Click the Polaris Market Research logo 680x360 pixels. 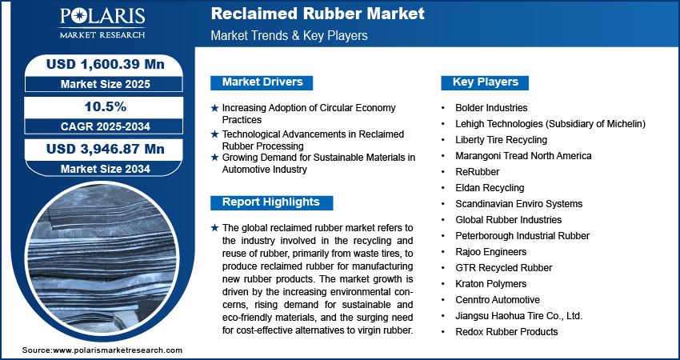tap(102, 23)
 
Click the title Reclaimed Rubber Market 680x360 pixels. tap(318, 14)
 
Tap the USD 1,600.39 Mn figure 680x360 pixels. tap(106, 64)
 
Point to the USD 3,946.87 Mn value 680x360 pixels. tap(106, 150)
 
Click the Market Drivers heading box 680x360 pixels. tap(262, 82)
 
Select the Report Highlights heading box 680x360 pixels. tap(271, 202)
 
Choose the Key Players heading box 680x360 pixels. tap(485, 82)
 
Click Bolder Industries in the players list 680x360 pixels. tap(491, 107)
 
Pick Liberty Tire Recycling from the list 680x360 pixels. tap(502, 140)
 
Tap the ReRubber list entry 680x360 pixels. tap(477, 172)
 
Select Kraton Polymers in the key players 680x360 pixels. tap(491, 284)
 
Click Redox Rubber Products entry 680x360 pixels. tap(506, 332)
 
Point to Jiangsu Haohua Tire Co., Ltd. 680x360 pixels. tap(518, 316)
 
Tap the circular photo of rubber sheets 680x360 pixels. tap(102, 260)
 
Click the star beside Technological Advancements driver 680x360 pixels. tap(214, 135)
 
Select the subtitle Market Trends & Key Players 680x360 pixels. tap(289, 35)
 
